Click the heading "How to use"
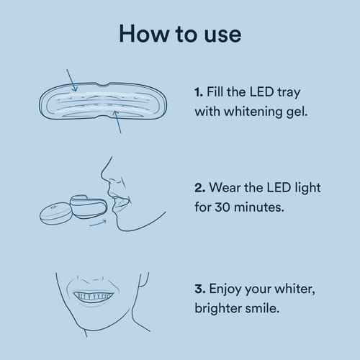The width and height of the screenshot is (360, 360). tap(180, 34)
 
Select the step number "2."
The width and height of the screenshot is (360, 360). tap(199, 189)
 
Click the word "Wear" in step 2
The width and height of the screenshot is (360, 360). tap(228, 189)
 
